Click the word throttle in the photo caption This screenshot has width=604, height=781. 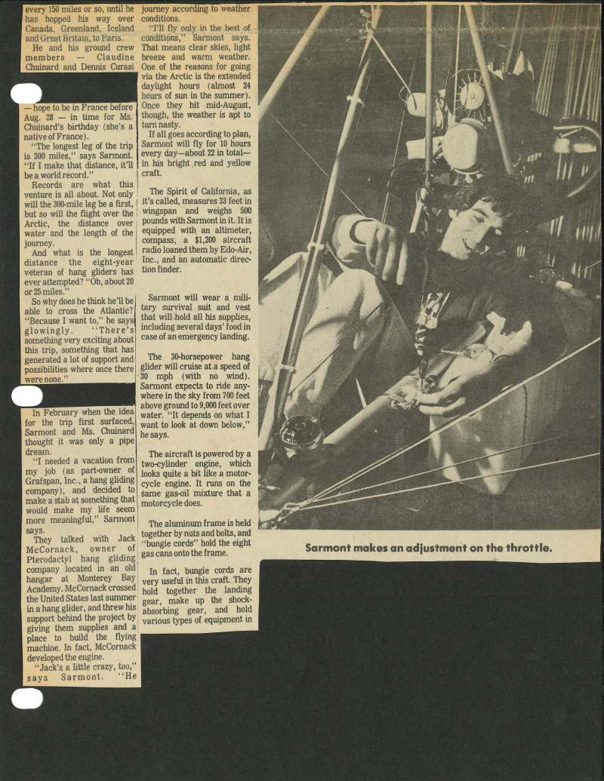(x=525, y=548)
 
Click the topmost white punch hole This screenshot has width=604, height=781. (x=26, y=94)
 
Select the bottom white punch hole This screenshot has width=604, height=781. (x=27, y=699)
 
